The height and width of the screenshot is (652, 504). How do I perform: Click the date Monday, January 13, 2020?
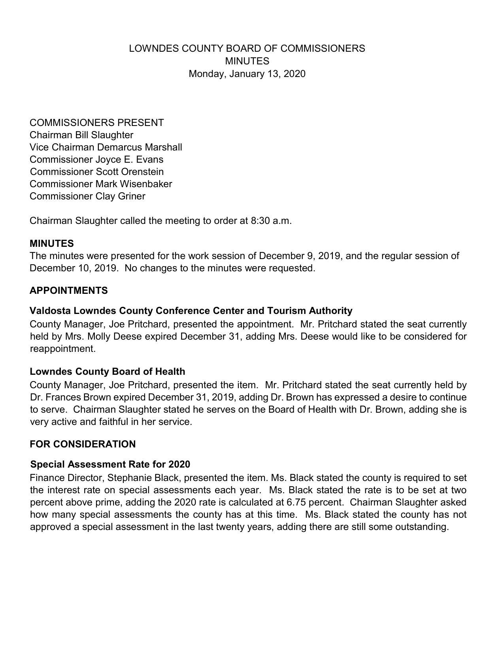[x=247, y=74]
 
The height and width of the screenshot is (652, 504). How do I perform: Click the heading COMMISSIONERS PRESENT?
[x=96, y=123]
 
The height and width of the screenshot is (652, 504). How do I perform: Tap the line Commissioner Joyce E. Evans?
[x=96, y=160]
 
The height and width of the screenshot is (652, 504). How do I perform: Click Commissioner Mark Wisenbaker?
[x=100, y=184]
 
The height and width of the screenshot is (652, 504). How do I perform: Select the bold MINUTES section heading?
[x=51, y=243]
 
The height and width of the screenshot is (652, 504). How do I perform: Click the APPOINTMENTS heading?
[x=68, y=291]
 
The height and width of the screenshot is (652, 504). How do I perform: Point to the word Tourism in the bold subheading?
[x=286, y=311]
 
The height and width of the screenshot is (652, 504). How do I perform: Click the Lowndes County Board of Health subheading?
[x=107, y=372]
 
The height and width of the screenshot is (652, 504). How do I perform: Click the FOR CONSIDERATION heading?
[x=82, y=444]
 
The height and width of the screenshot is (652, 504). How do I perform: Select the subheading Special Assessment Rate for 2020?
[x=110, y=464]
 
